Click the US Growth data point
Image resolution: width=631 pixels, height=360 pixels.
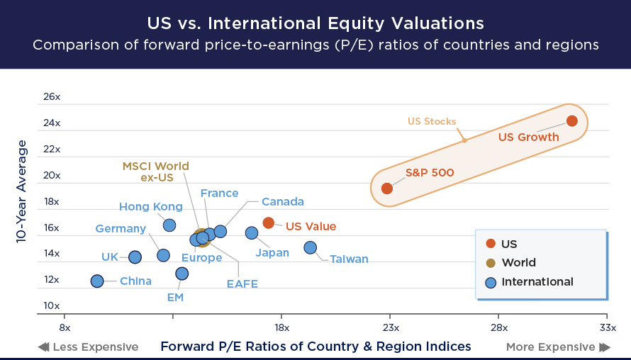571,121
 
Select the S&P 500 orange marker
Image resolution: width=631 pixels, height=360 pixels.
387,188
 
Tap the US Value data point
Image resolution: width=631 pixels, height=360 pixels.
269,223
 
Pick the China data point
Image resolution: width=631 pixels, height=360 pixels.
97,281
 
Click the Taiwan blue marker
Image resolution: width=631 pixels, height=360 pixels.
310,247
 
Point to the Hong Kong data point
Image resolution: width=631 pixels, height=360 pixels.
169,225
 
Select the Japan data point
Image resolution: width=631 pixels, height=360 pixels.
252,233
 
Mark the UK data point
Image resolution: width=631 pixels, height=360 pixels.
135,257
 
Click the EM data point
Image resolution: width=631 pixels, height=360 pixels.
182,274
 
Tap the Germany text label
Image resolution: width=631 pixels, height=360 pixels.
121,229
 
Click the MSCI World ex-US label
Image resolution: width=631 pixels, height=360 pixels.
156,172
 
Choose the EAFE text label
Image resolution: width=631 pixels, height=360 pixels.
242,284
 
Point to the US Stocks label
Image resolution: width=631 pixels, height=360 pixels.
431,121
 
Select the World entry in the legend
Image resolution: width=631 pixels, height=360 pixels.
518,263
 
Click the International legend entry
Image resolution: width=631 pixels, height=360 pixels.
537,282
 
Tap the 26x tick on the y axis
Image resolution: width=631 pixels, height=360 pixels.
52,96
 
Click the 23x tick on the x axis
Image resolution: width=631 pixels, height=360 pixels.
391,328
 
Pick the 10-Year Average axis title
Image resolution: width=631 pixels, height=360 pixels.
22,192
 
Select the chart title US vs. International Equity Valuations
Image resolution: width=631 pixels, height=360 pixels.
315,23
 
